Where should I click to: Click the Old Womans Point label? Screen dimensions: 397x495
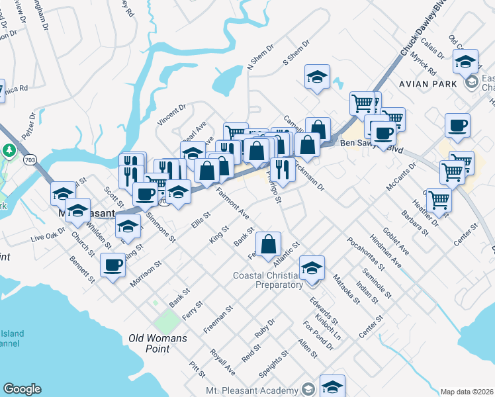point(157,338)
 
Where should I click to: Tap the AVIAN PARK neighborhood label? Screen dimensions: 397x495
point(427,84)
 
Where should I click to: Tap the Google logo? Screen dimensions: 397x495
point(22,389)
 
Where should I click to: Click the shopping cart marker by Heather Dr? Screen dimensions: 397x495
point(439,199)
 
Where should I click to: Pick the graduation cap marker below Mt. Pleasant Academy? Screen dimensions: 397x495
point(332,387)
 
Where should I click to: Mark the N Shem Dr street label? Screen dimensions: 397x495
point(259,58)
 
